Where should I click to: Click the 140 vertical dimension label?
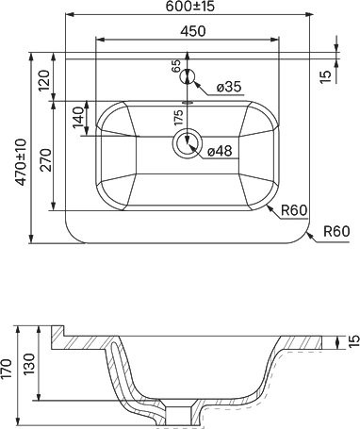(x=78, y=121)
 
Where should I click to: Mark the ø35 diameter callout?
(x=229, y=87)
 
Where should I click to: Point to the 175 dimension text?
(x=178, y=119)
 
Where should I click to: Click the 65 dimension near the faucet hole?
(x=175, y=67)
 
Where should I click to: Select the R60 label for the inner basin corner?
(x=294, y=211)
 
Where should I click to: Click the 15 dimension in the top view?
(x=350, y=74)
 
